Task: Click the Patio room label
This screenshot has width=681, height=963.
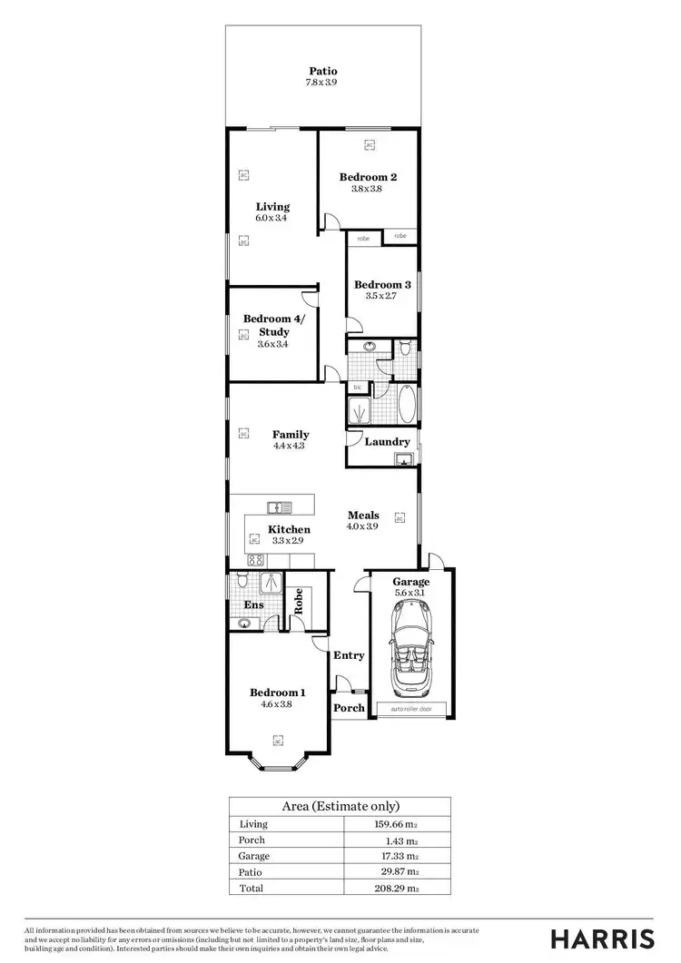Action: pos(322,70)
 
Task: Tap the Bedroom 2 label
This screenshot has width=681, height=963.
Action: pos(368,177)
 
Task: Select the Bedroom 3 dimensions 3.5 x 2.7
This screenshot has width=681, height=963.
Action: pos(382,296)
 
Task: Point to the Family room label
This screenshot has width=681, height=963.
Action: pos(291,434)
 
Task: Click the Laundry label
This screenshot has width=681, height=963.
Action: pos(387,442)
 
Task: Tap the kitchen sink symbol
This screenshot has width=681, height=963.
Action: pos(279,507)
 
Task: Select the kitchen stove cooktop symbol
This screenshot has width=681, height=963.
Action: pos(256,560)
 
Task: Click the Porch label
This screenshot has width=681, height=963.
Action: pos(349,708)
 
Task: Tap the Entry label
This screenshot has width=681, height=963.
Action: pos(349,655)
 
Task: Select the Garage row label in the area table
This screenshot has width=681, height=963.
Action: pos(253,855)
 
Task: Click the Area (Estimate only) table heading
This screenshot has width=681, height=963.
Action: pos(340,806)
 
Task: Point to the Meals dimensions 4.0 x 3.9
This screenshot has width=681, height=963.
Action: pos(362,526)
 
